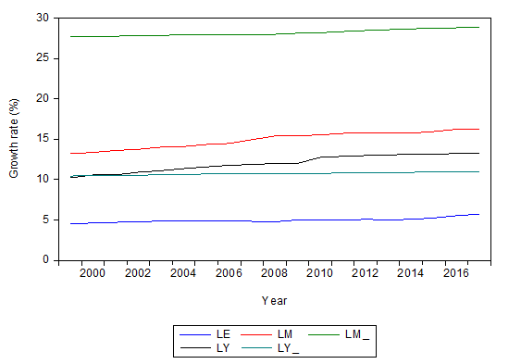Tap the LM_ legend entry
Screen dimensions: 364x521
pyautogui.click(x=355, y=333)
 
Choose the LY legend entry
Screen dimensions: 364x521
pyautogui.click(x=222, y=347)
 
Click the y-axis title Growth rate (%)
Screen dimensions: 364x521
pyautogui.click(x=14, y=139)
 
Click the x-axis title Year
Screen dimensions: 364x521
pyautogui.click(x=275, y=300)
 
